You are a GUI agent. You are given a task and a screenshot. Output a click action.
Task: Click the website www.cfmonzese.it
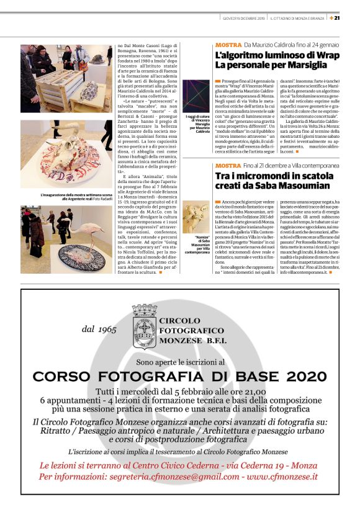tap(286, 477)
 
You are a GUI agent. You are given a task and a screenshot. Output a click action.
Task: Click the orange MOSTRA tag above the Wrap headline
tap(228, 45)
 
